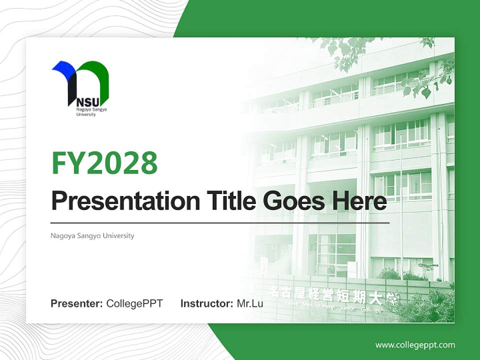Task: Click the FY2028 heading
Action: coord(104,162)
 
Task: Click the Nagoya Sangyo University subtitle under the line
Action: coord(92,235)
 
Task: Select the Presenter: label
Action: coord(77,303)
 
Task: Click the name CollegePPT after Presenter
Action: coord(134,303)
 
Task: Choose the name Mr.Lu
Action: coord(250,303)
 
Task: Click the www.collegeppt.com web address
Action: coord(415,345)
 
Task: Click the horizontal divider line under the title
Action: coord(220,222)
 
